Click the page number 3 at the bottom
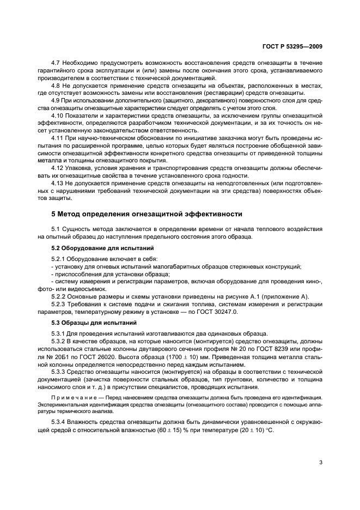pos(321,463)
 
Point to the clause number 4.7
pos(56,64)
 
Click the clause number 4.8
pos(56,86)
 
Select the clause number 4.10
pos(58,116)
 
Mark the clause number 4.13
pos(58,183)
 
